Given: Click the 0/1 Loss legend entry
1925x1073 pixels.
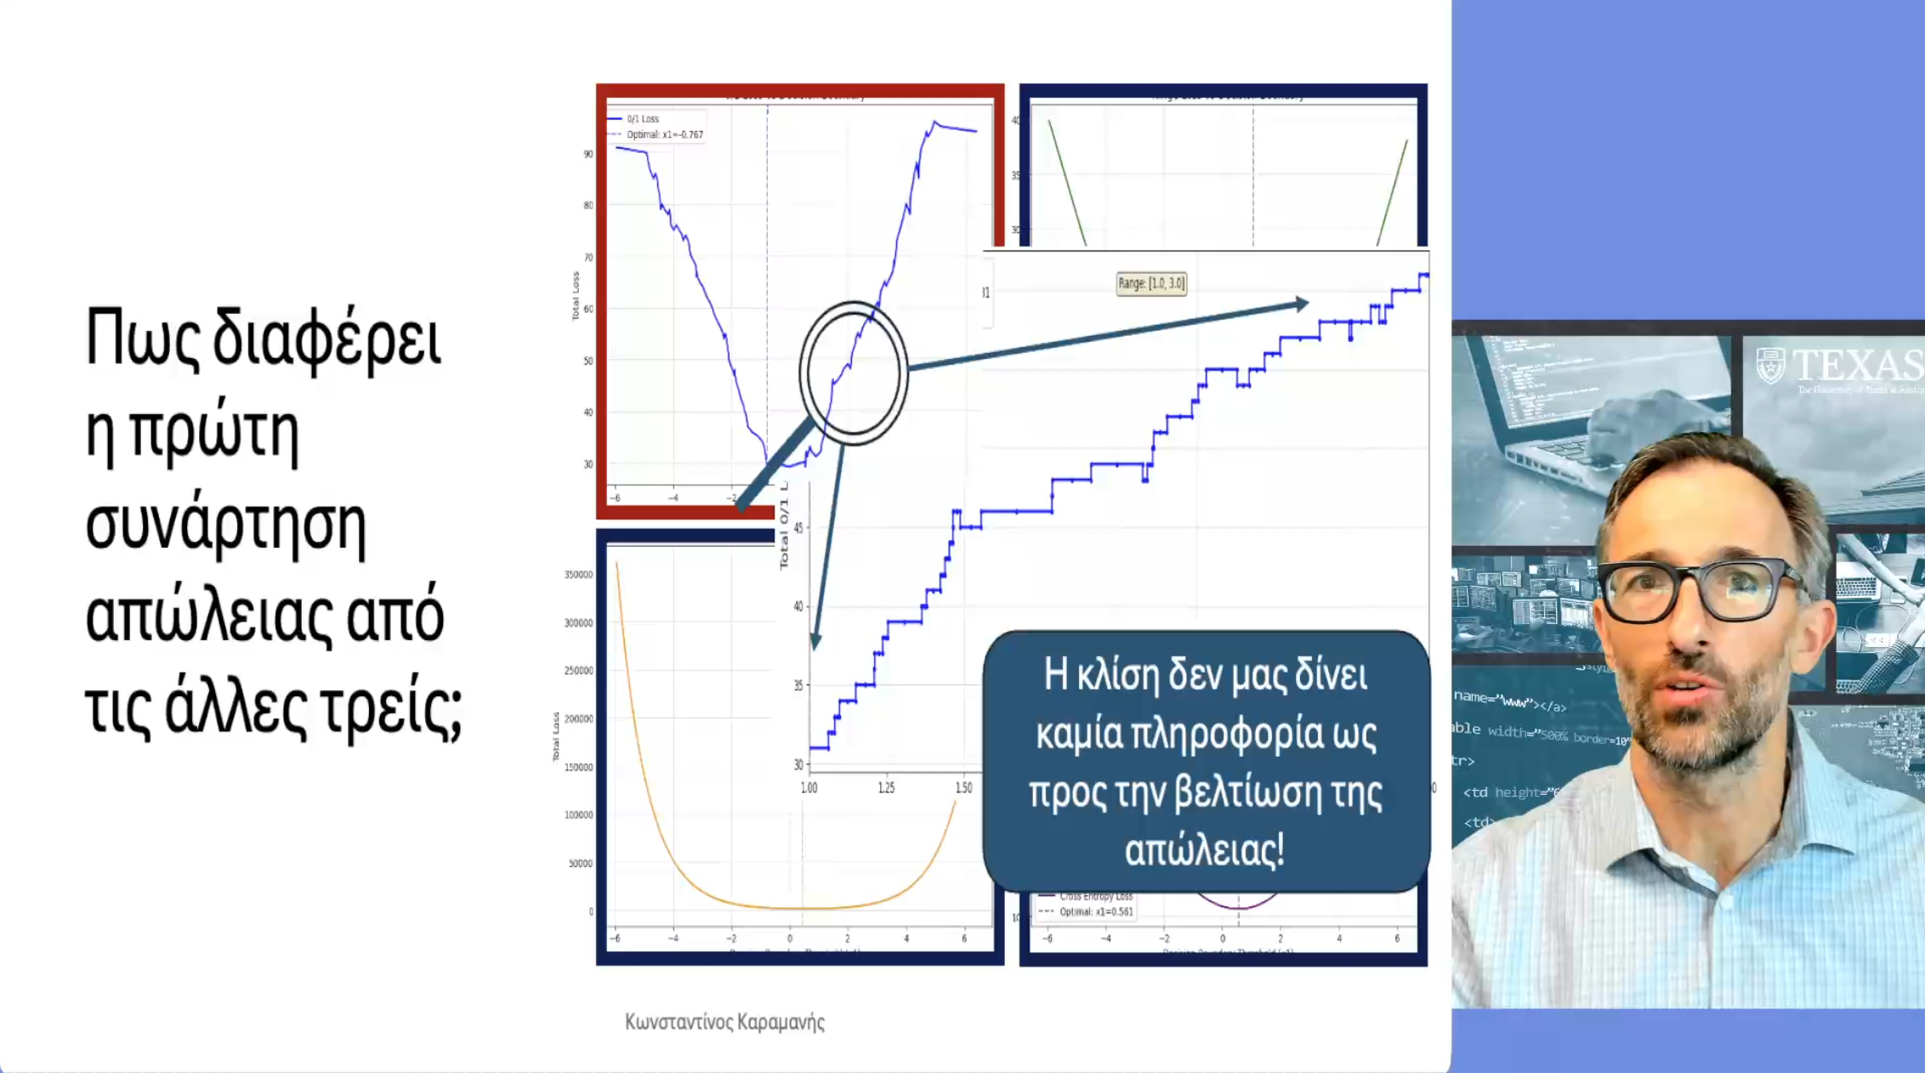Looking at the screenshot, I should point(643,119).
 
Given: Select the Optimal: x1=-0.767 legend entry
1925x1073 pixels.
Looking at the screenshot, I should point(664,134).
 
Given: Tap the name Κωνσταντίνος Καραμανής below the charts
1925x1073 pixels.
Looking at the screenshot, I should point(724,1022).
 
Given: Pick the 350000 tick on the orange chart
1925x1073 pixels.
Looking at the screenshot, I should point(578,575).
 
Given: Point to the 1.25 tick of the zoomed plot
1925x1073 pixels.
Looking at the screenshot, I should point(886,788).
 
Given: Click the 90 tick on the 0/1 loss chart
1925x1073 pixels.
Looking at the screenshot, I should point(588,154).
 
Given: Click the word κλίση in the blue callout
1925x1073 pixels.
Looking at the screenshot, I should point(1117,675).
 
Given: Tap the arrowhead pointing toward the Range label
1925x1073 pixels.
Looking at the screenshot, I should point(1301,304).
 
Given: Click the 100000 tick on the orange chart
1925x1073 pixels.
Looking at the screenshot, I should point(578,815).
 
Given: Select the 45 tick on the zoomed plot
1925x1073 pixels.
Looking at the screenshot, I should point(798,528).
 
